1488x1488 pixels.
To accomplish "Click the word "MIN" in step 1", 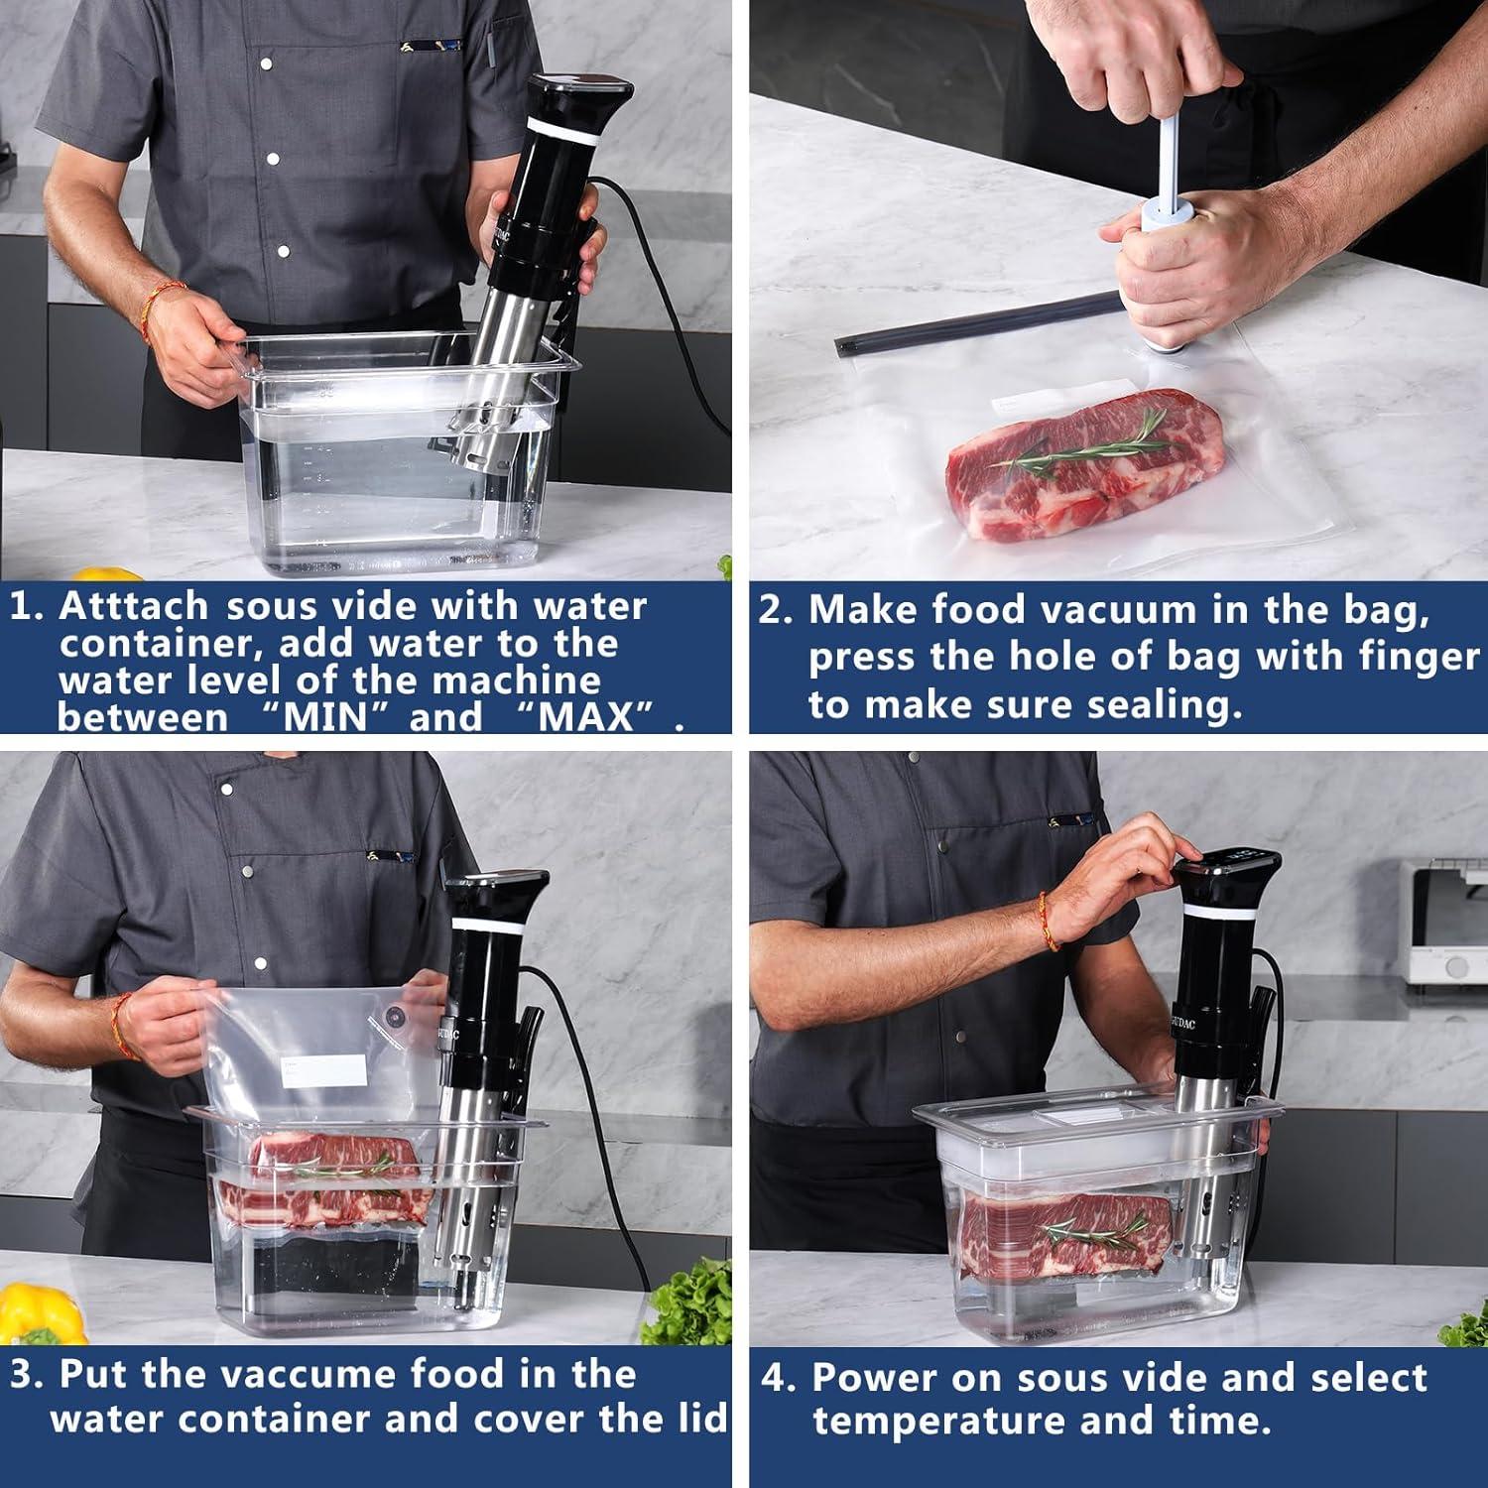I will [326, 717].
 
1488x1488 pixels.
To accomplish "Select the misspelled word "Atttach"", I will [133, 605].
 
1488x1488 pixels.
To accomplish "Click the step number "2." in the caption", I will [776, 610].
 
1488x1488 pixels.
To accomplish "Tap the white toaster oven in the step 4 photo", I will [1443, 923].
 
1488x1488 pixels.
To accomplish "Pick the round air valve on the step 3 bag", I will [395, 1017].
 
